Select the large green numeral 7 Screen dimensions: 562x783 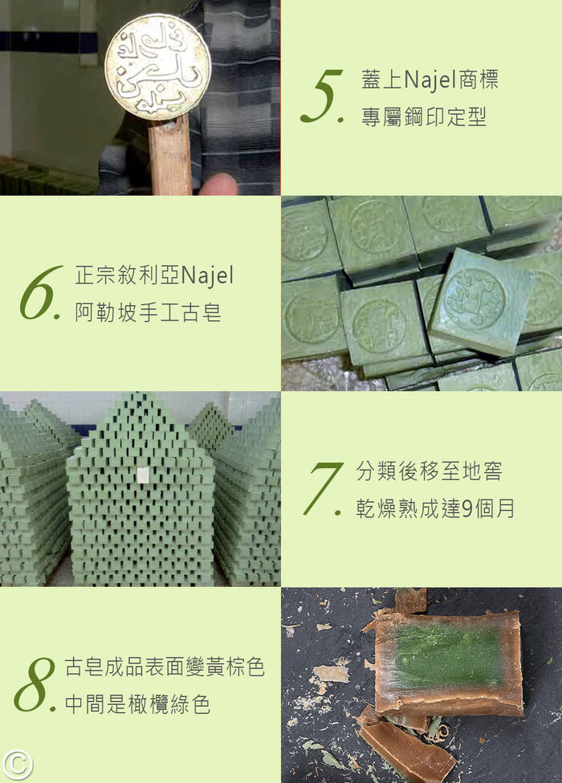pyautogui.click(x=322, y=488)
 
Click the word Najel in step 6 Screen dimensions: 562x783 pyautogui.click(x=206, y=276)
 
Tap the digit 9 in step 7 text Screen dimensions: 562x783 pyautogui.click(x=467, y=509)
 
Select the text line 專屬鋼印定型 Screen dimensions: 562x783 pyautogui.click(x=424, y=117)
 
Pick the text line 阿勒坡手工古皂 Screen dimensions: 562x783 pyautogui.click(x=149, y=313)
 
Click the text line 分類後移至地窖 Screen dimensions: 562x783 pyautogui.click(x=429, y=471)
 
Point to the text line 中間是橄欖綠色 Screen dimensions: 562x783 pyautogui.click(x=137, y=704)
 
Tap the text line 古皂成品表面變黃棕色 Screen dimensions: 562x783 pyautogui.click(x=165, y=667)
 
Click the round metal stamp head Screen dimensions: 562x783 pyautogui.click(x=157, y=67)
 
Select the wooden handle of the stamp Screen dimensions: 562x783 pyautogui.click(x=170, y=155)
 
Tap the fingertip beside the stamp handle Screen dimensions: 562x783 pyautogui.click(x=218, y=184)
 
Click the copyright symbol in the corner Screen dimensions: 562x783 pyautogui.click(x=17, y=765)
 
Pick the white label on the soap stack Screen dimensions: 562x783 pyautogui.click(x=143, y=475)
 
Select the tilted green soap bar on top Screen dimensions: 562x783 pyautogui.click(x=479, y=302)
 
